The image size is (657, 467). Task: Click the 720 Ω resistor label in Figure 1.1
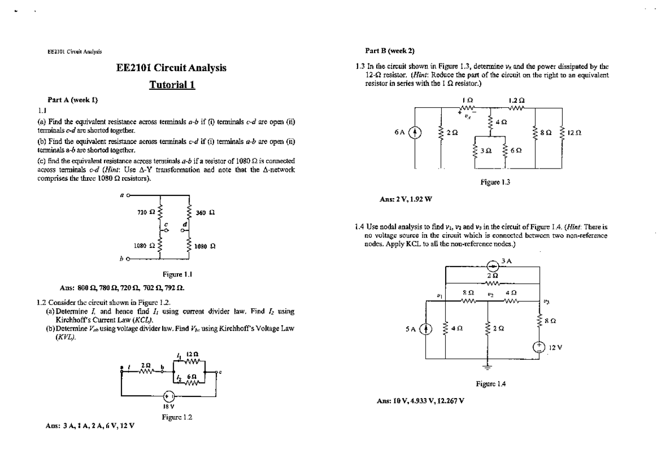click(x=145, y=211)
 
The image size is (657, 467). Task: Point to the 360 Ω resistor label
click(x=208, y=212)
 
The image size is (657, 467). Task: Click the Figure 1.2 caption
click(x=176, y=417)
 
